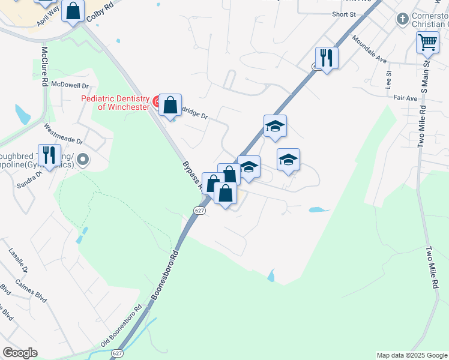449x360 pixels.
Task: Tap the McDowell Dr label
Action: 70,86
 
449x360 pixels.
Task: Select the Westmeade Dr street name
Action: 64,136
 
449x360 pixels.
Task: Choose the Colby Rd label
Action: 100,13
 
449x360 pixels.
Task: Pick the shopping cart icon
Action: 427,42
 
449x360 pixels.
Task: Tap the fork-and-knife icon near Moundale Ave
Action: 327,57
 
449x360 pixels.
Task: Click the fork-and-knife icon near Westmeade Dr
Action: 49,155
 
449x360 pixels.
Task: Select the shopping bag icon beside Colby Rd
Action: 73,10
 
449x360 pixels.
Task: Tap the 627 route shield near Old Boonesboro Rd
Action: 117,353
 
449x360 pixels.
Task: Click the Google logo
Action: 20,353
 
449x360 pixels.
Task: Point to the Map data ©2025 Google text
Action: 411,355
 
